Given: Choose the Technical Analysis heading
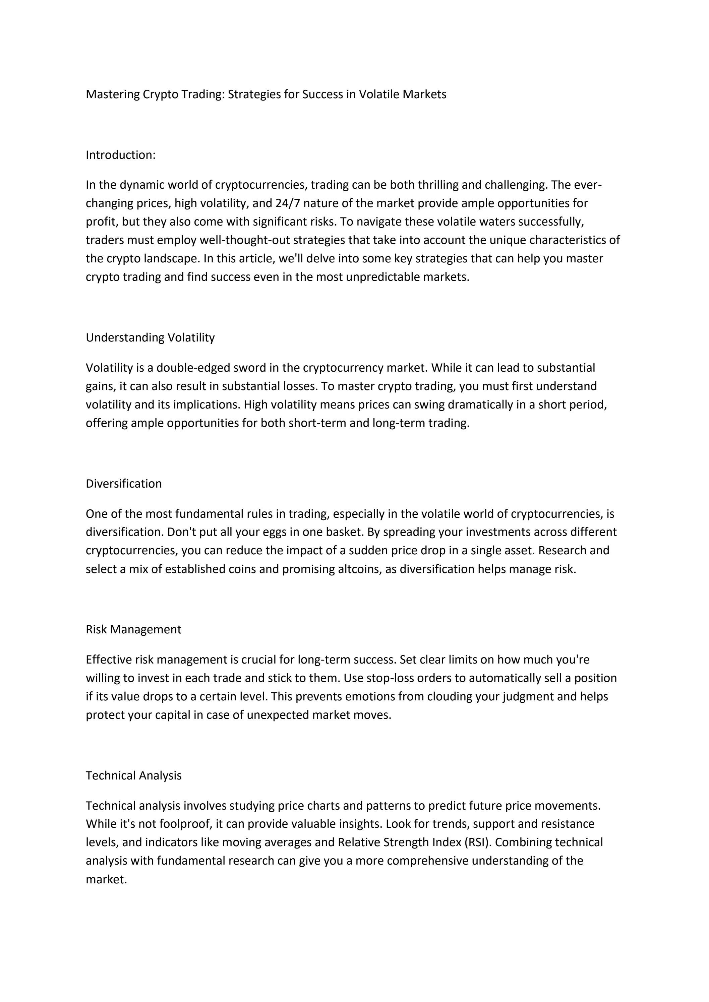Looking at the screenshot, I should point(134,775).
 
